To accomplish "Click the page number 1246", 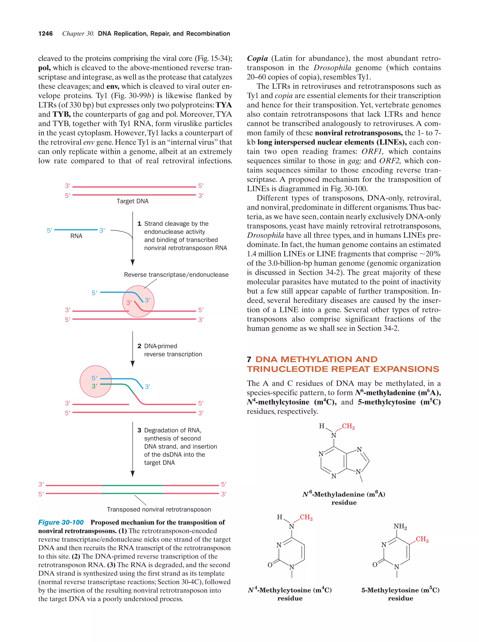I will click(46, 34).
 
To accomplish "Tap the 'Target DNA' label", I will click(132, 201).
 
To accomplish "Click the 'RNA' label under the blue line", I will click(76, 236).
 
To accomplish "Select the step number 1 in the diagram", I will click(139, 224).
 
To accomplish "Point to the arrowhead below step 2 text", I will click(132, 364).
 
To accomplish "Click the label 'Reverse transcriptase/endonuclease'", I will click(176, 275).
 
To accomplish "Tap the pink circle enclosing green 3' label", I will click(96, 381).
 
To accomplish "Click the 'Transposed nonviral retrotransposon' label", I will click(159, 509).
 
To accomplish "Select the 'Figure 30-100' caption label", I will click(61, 522).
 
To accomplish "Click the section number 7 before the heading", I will click(249, 360).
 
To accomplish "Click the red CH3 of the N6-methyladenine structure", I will click(348, 426).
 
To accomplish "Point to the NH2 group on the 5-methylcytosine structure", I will click(400, 527).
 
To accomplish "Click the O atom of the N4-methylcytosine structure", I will click(270, 565).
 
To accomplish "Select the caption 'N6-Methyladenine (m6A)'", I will click(344, 494).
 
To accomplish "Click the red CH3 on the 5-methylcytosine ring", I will click(422, 539).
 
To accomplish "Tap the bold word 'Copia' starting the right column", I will click(257, 58).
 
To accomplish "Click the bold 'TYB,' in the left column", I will click(62, 114).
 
